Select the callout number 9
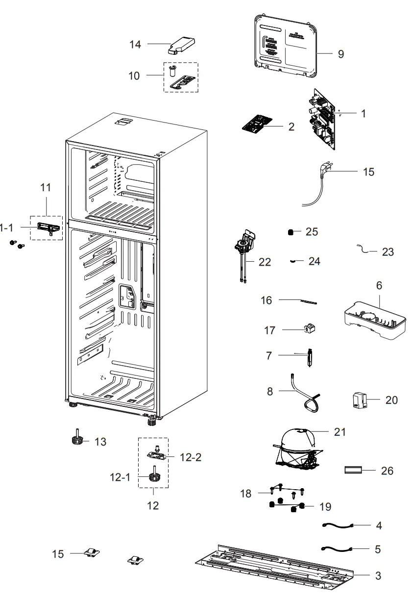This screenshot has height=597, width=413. click(x=341, y=54)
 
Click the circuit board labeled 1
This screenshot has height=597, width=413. click(x=322, y=119)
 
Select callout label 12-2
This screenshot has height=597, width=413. click(x=191, y=457)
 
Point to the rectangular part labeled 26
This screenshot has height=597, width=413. click(x=353, y=471)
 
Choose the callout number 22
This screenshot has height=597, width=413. click(x=265, y=262)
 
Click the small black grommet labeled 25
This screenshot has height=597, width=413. click(x=291, y=232)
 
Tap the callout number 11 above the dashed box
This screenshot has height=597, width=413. click(x=45, y=187)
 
